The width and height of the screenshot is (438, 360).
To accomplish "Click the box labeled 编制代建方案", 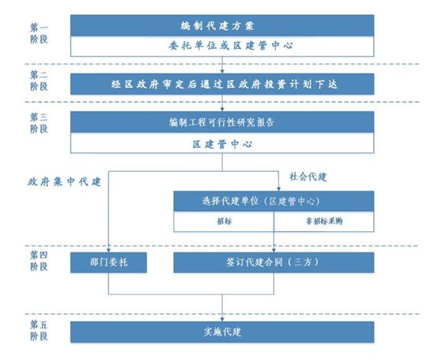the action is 222,25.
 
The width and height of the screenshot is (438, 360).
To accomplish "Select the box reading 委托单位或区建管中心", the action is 222,46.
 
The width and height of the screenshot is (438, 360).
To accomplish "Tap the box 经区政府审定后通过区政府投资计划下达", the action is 222,84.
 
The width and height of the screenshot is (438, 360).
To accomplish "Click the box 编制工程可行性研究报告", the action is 222,122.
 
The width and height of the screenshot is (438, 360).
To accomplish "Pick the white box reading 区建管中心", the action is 222,143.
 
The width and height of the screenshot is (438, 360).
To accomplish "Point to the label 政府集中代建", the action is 64,182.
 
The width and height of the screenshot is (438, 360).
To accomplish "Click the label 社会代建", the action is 308,176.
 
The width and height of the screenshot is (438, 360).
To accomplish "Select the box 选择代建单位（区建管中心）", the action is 274,201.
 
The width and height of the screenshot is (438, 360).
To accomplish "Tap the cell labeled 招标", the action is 224,222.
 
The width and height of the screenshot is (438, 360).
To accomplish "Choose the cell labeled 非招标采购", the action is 324,222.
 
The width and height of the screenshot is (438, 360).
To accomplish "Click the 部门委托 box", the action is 108,263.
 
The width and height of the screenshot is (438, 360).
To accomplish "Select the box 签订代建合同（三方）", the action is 274,263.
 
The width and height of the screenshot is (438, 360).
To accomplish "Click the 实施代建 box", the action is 222,332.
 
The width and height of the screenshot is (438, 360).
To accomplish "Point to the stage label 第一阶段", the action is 39,33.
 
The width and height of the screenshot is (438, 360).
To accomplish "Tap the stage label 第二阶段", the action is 39,81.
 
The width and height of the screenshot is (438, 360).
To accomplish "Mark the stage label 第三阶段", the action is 39,123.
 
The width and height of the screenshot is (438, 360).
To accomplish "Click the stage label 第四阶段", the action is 39,260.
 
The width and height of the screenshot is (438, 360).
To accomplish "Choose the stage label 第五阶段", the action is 39,330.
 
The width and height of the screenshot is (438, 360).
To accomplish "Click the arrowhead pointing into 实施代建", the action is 222,319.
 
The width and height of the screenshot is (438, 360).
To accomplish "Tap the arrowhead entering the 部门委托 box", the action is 108,250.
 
